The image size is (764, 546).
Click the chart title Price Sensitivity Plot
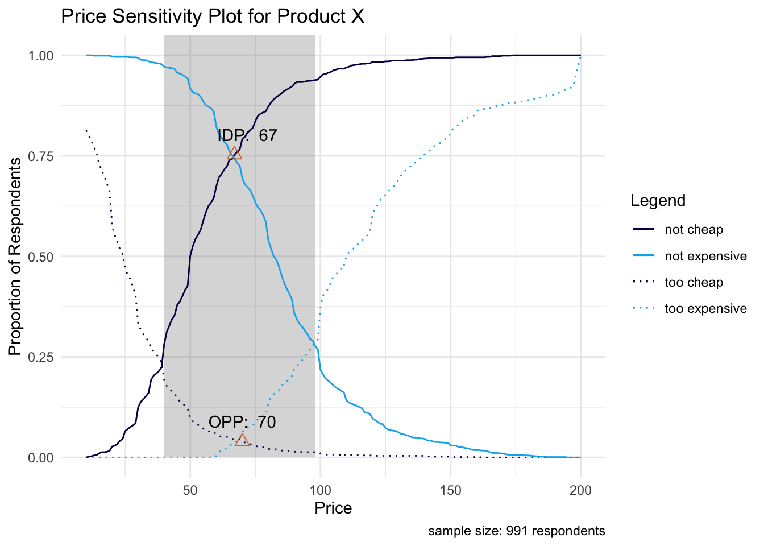pos(213,16)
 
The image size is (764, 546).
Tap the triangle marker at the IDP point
pos(234,154)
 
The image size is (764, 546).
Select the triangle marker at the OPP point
pos(242,440)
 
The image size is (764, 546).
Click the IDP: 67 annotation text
pos(247,135)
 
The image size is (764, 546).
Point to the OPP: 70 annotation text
pos(242,422)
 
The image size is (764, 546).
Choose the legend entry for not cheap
pos(694,230)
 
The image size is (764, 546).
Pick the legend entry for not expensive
pos(705,256)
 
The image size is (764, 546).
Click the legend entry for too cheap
pos(694,283)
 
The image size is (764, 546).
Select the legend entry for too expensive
pos(705,309)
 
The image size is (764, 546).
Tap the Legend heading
pos(658,200)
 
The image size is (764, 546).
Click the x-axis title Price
pos(333,508)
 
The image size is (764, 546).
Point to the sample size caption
pos(516,531)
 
